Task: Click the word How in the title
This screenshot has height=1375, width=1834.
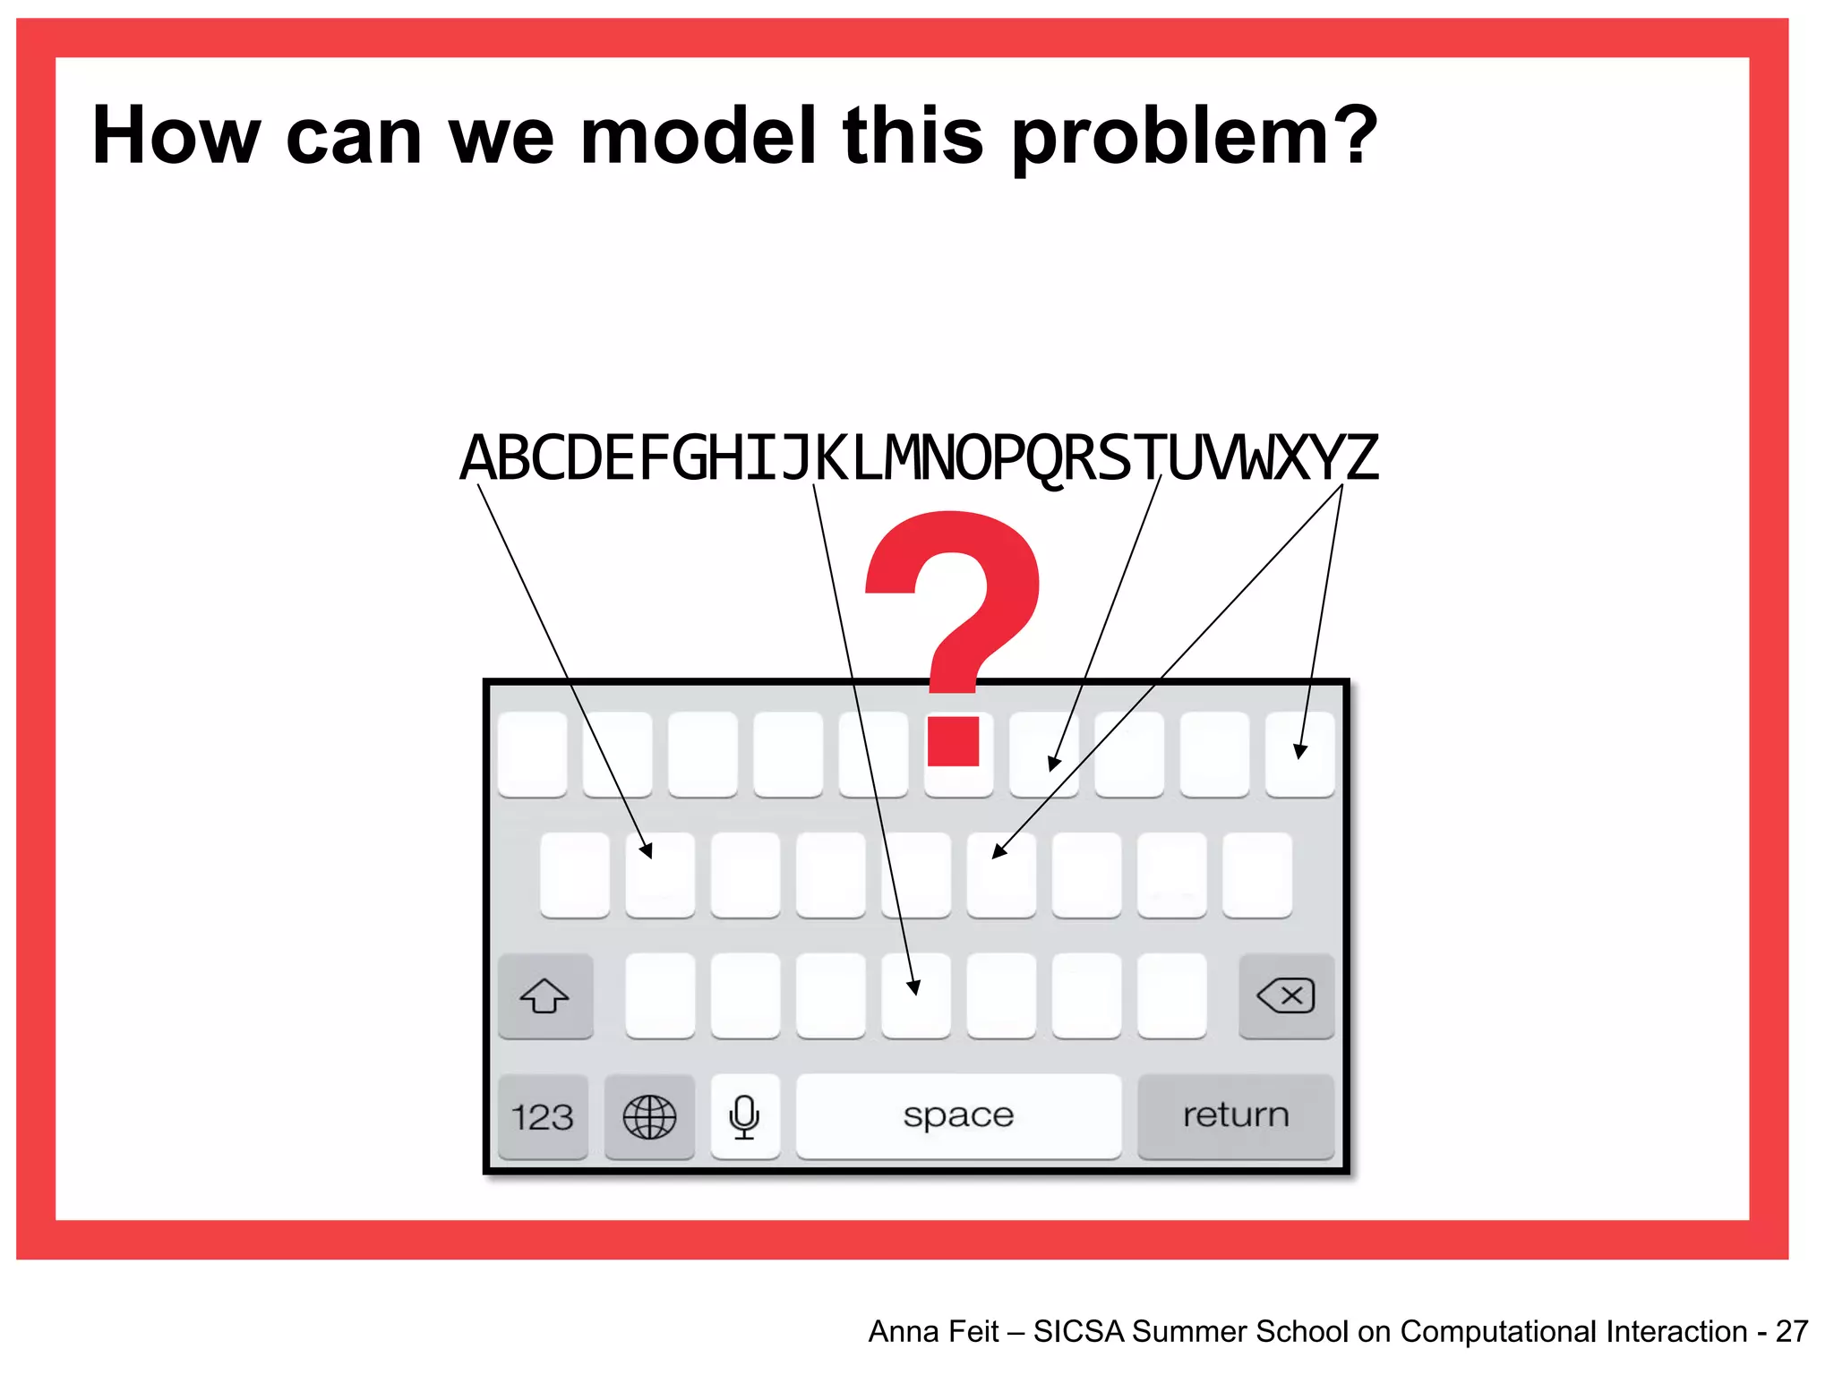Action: (176, 136)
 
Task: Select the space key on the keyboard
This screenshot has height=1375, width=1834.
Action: (958, 1115)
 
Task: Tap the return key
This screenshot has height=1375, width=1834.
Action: (1235, 1115)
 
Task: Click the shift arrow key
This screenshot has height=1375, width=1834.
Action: (544, 995)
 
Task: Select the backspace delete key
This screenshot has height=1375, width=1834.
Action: (1286, 995)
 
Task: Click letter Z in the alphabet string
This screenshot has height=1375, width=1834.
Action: (1360, 458)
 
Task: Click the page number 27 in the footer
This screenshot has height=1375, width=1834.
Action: (1792, 1331)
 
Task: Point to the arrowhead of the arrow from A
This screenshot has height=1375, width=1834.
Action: (647, 850)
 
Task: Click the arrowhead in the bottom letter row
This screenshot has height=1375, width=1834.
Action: (913, 987)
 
